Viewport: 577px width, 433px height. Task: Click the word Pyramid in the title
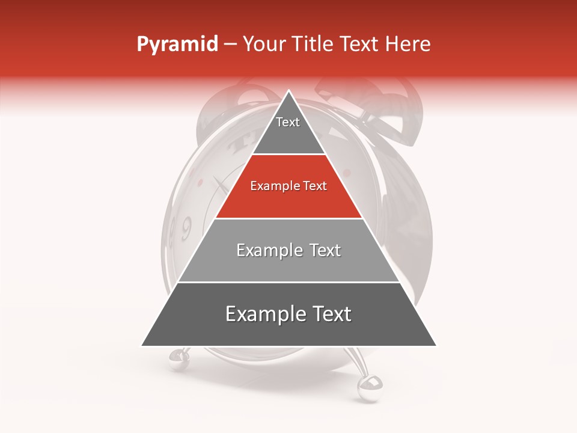177,45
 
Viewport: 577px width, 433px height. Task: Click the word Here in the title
408,45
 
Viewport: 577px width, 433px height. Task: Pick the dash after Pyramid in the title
230,45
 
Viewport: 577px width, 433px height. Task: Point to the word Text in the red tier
314,186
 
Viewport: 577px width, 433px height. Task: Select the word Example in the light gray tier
269,250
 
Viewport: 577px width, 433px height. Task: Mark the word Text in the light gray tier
325,250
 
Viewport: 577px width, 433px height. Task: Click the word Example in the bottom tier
263,314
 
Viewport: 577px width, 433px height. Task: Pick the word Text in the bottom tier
331,314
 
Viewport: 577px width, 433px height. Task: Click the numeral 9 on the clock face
186,228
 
